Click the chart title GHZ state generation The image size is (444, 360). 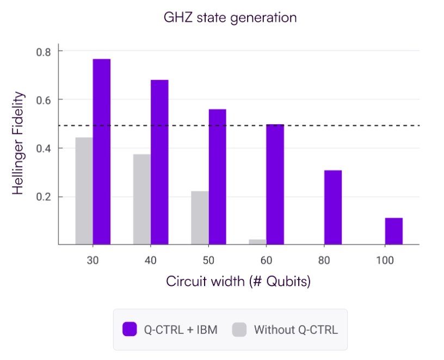(230, 17)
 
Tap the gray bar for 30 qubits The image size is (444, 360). (84, 191)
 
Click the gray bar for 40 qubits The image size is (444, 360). (141, 199)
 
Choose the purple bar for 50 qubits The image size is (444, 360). (217, 177)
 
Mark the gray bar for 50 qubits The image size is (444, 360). (200, 218)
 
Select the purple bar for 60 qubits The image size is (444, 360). (275, 185)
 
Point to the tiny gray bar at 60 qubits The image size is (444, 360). (257, 242)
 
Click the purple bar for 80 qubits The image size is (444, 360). (333, 208)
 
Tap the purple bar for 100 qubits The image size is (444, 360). (393, 231)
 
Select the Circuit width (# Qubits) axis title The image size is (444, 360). (238, 282)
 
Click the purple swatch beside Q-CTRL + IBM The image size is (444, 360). (129, 329)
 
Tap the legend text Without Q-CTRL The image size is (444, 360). (296, 330)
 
